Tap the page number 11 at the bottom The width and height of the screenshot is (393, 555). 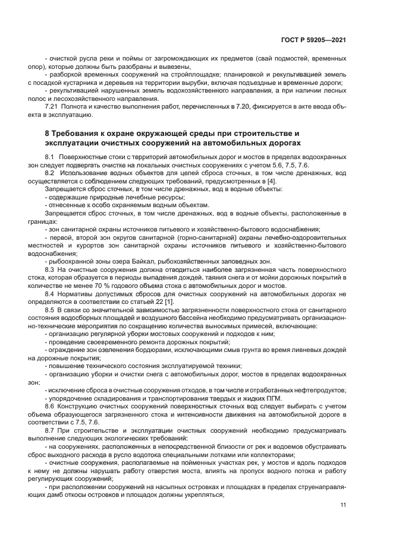(x=343, y=505)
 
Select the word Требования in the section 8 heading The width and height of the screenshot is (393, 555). (x=78, y=133)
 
